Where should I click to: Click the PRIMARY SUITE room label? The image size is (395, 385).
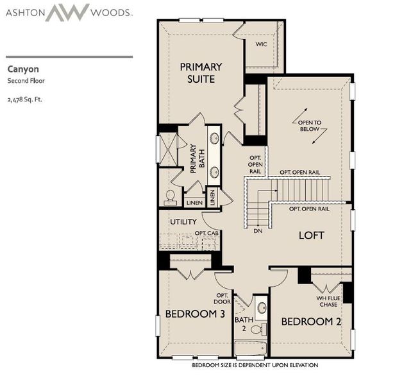tap(201, 73)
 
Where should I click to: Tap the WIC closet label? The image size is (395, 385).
tap(261, 44)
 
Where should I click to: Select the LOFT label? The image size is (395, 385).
tap(312, 235)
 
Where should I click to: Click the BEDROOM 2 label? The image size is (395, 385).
tap(311, 321)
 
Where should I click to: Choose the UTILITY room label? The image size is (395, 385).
tap(183, 222)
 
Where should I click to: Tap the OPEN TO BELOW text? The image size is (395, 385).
tap(308, 125)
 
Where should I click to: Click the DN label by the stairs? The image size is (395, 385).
tap(258, 230)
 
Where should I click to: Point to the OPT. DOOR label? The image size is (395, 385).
tap(222, 298)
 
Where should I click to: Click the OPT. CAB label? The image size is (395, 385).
tap(207, 233)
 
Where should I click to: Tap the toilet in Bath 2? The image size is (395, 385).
tap(257, 329)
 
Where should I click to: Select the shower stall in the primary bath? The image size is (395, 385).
tap(167, 150)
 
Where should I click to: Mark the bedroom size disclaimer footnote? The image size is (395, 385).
tap(255, 365)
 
